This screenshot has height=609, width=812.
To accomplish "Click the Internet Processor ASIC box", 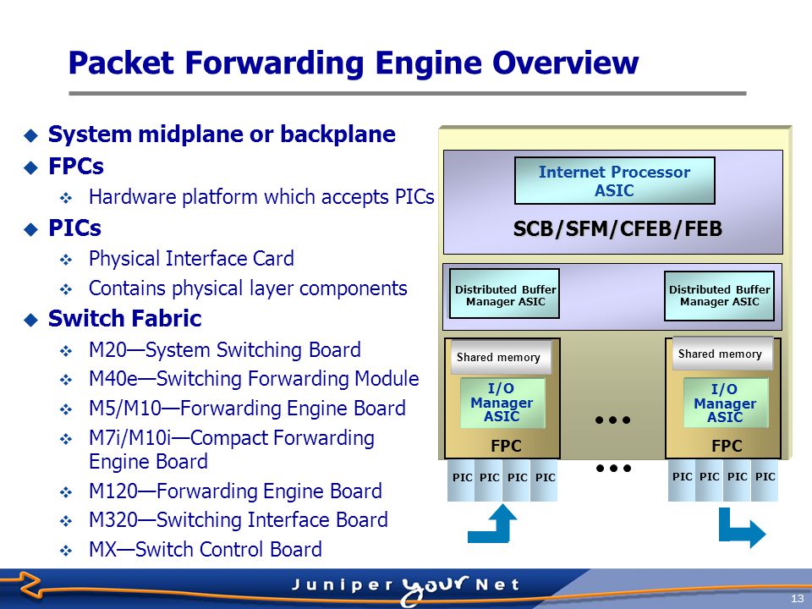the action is click(x=615, y=181).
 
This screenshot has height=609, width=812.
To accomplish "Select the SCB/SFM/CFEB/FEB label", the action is click(x=617, y=228).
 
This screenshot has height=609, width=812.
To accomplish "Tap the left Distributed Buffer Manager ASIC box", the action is click(x=504, y=294).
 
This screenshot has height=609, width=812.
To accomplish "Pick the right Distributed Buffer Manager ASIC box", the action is click(x=719, y=296).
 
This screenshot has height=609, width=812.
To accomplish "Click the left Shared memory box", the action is click(x=499, y=357).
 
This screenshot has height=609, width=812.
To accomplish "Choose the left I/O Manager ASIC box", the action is click(x=502, y=403).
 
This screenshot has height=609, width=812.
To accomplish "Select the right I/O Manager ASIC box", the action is click(x=725, y=403).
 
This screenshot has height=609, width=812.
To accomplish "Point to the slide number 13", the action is click(x=797, y=599).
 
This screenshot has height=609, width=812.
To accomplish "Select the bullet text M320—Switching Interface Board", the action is click(x=239, y=519).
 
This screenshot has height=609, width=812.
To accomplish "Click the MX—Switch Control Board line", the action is click(x=206, y=549).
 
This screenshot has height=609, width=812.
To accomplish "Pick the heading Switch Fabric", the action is click(x=125, y=318).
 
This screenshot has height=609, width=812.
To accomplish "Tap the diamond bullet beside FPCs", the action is click(x=31, y=167).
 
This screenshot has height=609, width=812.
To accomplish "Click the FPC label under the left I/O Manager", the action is click(x=506, y=446).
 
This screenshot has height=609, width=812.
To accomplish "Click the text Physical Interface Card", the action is click(x=192, y=258).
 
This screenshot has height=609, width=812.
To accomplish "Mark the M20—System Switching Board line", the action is click(x=225, y=349).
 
